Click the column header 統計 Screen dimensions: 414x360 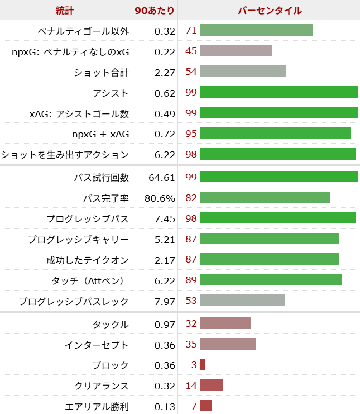(65, 10)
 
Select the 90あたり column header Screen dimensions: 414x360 (154, 10)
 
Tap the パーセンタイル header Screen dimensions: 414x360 (270, 10)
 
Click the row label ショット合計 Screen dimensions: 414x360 (101, 72)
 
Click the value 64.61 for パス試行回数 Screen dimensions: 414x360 (162, 178)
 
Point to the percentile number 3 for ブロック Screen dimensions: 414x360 (194, 365)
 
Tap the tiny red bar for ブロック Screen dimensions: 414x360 (203, 365)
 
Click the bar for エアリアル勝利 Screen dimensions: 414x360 (206, 406)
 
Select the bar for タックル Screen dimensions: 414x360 (225, 323)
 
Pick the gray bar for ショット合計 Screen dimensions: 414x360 (243, 72)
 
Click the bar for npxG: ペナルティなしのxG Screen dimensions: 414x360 (236, 51)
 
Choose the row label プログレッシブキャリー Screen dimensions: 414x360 (79, 240)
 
